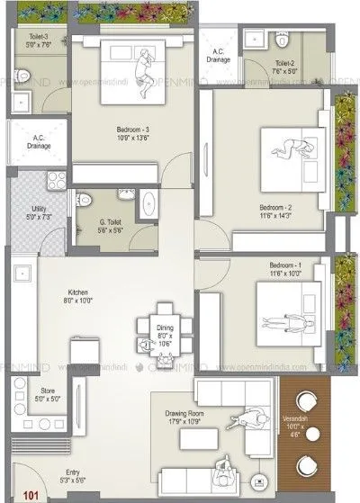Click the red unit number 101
pyautogui.click(x=31, y=492)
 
